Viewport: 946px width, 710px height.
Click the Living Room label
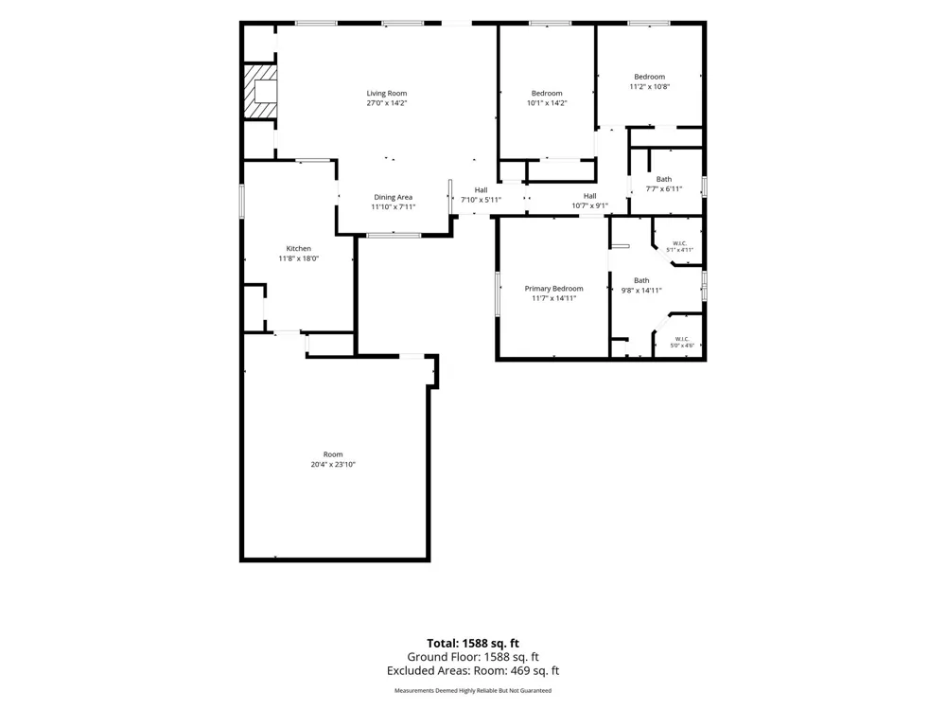(387, 93)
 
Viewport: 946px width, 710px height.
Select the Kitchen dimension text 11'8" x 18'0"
(299, 258)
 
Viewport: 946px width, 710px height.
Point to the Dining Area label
(394, 197)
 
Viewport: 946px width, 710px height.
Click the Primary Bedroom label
(553, 289)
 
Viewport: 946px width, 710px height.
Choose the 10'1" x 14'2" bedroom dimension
(547, 103)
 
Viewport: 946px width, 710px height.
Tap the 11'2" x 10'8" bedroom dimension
(650, 86)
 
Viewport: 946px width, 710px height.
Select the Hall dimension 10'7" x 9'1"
(590, 205)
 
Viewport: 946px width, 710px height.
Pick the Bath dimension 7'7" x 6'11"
(664, 189)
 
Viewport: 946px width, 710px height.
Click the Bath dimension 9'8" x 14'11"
(642, 291)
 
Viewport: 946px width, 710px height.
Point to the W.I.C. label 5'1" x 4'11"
(680, 247)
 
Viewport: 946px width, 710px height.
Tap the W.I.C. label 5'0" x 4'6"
(682, 343)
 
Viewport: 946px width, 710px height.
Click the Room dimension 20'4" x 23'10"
(333, 464)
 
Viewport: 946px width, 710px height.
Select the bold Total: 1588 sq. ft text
(473, 644)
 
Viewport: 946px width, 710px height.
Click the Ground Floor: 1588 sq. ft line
(473, 657)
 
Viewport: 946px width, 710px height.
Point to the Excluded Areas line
(473, 671)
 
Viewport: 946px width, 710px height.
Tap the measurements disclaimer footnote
(473, 691)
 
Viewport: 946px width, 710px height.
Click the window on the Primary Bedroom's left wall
(498, 294)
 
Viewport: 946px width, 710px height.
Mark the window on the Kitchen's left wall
(242, 201)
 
